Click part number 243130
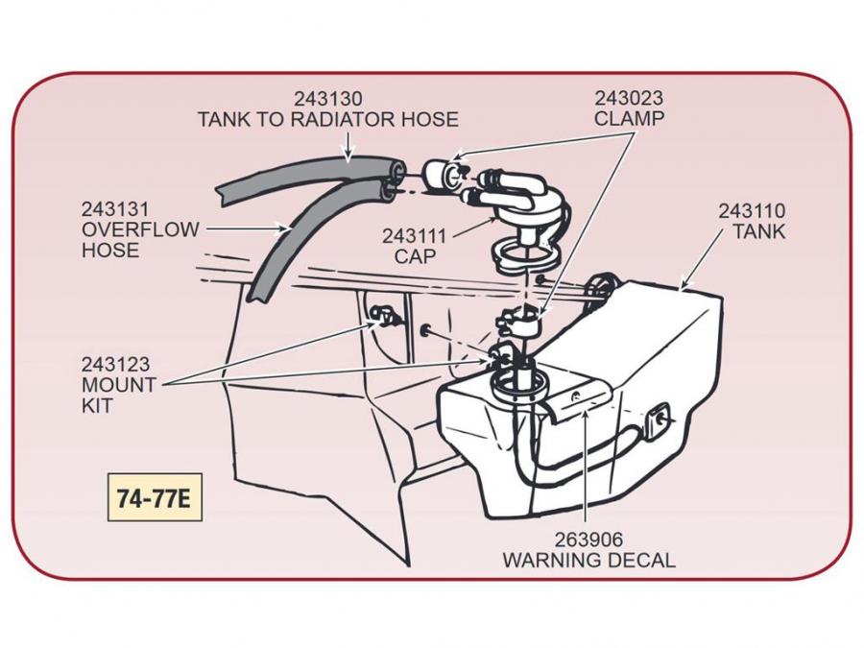[x=328, y=99]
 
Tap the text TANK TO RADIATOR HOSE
[x=328, y=120]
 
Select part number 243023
[x=629, y=98]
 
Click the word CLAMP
[x=629, y=119]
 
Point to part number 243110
[x=752, y=210]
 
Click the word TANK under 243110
[x=758, y=231]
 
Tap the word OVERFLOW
[x=139, y=230]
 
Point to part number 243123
[x=115, y=365]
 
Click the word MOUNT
[x=119, y=386]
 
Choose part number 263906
[x=588, y=540]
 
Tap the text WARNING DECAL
[x=588, y=561]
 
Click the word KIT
[x=96, y=406]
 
